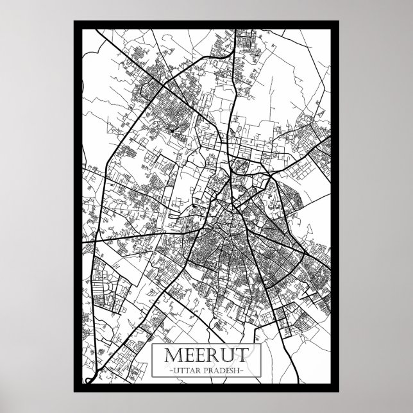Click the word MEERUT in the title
point(206,356)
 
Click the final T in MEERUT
point(241,356)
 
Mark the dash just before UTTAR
point(167,371)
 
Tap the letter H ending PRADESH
point(239,371)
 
